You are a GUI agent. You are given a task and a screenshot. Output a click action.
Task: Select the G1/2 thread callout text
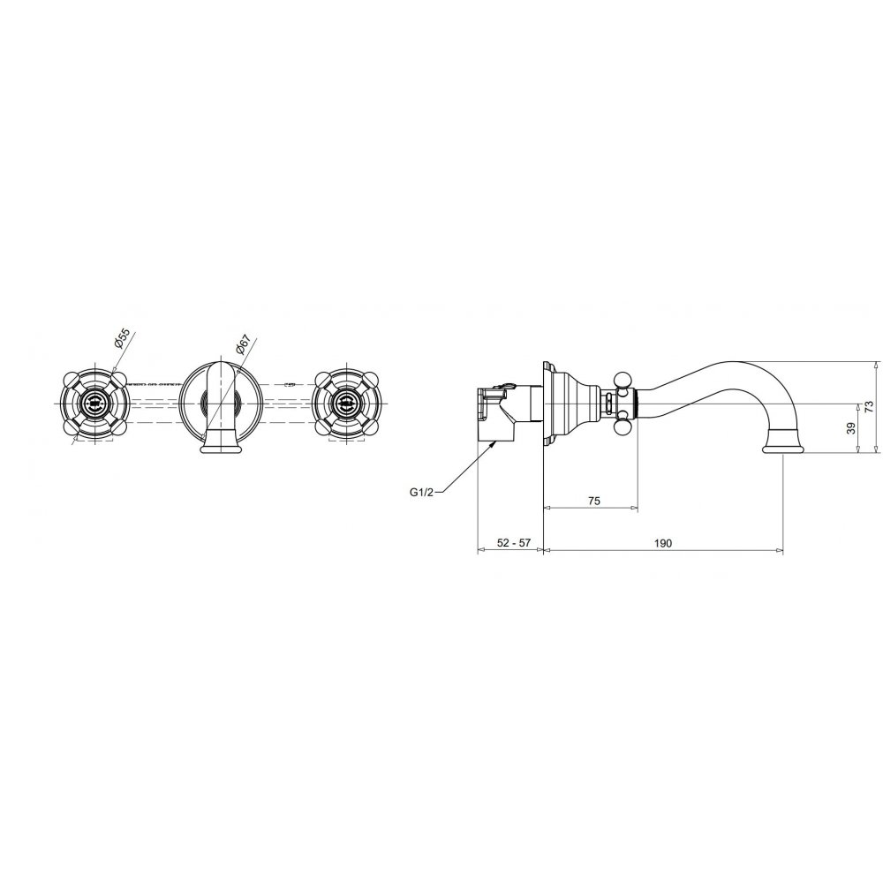pos(421,492)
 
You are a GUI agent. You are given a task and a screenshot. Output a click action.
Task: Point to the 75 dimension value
pos(593,500)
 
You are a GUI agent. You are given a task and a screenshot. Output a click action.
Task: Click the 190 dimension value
pos(663,543)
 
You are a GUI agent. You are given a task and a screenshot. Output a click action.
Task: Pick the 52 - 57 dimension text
pos(514,543)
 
